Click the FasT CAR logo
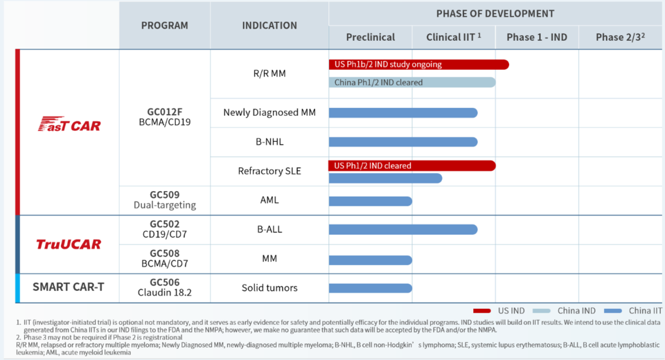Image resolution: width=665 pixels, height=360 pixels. coord(69,124)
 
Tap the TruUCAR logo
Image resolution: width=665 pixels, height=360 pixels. coord(69,244)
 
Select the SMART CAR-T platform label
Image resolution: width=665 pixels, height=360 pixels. coord(69,287)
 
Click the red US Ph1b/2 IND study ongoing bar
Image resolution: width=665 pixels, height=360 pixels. coord(418,64)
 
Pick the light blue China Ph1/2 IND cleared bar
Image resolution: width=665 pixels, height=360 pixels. coord(411,82)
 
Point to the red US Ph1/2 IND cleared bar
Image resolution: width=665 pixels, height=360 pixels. coord(411,165)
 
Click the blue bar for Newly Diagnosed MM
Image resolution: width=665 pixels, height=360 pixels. coord(403,113)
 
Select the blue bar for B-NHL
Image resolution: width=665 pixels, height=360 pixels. coord(403,142)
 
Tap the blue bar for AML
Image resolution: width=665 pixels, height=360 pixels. coord(370,201)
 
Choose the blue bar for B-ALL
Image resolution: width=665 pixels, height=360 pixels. coord(403,230)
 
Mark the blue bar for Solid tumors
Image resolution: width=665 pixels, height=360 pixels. coord(370,288)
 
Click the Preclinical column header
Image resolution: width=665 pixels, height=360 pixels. coord(370,37)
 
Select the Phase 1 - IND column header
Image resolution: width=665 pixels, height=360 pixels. coord(536,37)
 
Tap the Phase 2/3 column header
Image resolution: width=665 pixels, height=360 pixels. coord(620,37)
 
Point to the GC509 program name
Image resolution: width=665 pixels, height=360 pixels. coord(165,195)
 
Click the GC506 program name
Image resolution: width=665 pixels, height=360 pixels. coord(165,282)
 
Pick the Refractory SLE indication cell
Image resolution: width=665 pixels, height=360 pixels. coord(269,171)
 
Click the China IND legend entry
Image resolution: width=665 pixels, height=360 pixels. coord(564,311)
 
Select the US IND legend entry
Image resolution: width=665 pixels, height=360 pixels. coord(499,311)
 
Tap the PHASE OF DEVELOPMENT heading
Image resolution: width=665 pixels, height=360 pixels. coord(495,14)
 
